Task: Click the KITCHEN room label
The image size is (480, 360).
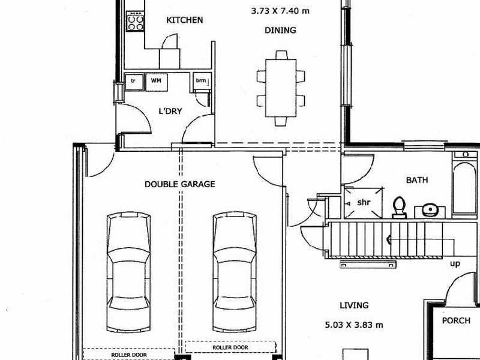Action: pos(184,20)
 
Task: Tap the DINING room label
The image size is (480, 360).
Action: pos(280,30)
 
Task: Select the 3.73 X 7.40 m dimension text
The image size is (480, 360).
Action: pos(280,10)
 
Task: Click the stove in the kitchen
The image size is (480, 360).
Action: pos(135,23)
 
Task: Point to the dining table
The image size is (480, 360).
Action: pos(280,88)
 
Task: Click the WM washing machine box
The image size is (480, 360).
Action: pos(156,80)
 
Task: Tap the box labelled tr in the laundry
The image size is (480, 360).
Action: pos(133,80)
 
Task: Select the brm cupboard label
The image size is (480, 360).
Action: pos(200,80)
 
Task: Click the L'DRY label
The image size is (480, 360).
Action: pos(170,111)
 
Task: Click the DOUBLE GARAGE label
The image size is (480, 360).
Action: pos(179,184)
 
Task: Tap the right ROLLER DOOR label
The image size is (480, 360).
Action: pos(230,347)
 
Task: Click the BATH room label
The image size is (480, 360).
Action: pos(417,179)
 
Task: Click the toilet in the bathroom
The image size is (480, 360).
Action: pos(399,207)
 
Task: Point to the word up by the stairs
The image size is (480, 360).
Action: pos(456,263)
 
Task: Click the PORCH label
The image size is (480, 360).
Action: pos(456,320)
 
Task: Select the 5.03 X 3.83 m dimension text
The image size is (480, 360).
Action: pos(353,325)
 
